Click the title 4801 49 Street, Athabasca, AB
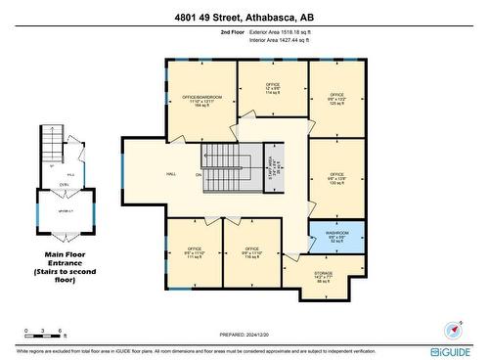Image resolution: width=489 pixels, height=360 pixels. pyautogui.click(x=244, y=16)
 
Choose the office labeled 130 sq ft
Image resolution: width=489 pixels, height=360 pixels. pyautogui.click(x=337, y=179)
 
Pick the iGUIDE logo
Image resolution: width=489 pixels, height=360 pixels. pyautogui.click(x=451, y=350)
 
